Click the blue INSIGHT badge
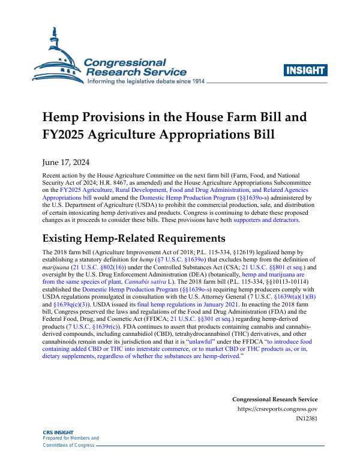pos(308,70)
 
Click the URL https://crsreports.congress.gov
pos(278,410)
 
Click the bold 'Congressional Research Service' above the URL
pos(275,399)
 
